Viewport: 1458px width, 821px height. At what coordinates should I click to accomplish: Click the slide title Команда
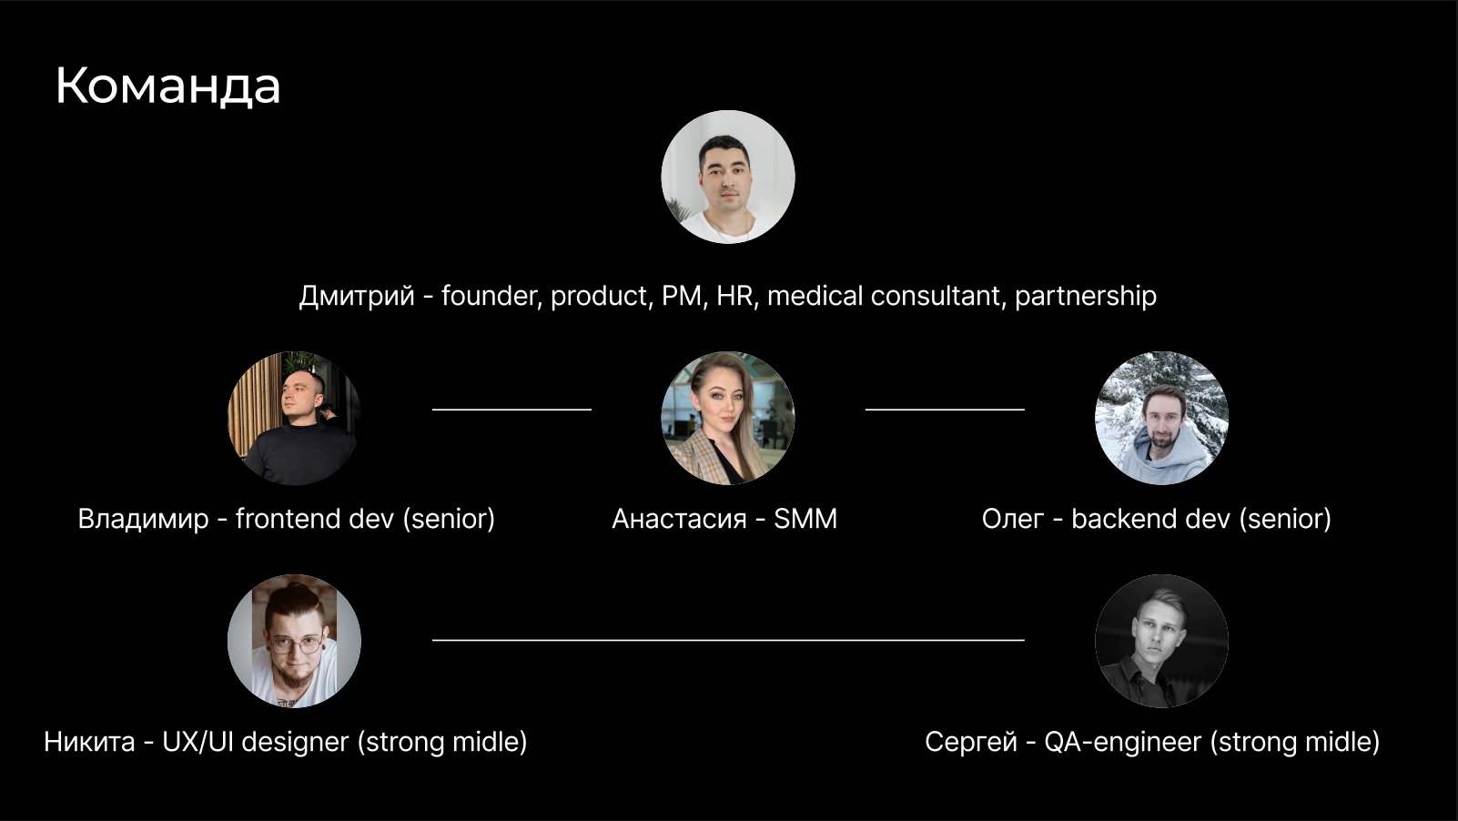[167, 86]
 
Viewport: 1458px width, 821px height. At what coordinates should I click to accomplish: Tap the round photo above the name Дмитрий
[728, 177]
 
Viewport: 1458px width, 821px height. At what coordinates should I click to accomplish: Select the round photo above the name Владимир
[294, 418]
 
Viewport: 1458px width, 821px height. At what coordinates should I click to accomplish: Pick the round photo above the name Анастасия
[728, 418]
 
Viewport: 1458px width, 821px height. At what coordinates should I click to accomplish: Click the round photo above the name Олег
[1161, 418]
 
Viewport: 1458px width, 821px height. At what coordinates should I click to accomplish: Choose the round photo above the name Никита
[294, 641]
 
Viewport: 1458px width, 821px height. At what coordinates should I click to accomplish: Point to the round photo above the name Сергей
[1161, 641]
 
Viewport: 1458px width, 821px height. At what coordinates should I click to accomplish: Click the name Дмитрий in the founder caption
[357, 296]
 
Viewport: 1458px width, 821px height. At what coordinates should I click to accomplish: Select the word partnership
[1085, 296]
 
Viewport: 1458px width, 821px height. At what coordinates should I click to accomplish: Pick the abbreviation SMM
[805, 519]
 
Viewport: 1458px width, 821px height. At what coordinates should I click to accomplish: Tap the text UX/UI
[197, 742]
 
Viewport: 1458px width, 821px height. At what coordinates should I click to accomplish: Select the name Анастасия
[679, 519]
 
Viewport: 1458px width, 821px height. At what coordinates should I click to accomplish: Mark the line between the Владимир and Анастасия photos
[511, 410]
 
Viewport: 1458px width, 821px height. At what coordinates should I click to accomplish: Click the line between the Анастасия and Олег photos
[945, 410]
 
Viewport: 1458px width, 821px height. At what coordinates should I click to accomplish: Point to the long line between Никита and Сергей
[728, 640]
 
